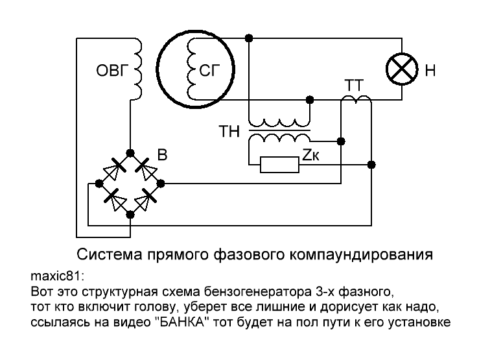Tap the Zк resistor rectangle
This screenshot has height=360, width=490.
(x=280, y=165)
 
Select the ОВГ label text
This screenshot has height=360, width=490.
(x=113, y=70)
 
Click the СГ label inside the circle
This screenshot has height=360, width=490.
(x=209, y=70)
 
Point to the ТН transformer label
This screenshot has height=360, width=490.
(x=229, y=131)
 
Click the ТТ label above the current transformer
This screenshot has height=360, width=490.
(x=354, y=86)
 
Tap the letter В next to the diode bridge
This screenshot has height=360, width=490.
(x=162, y=155)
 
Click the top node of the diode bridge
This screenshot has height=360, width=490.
(x=130, y=153)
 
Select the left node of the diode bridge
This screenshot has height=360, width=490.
(x=99, y=184)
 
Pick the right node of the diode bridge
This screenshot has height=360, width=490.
(x=160, y=184)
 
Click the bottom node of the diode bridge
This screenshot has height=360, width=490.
(x=130, y=215)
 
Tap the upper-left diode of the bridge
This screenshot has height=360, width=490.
(x=113, y=169)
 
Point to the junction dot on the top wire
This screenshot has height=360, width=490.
(x=249, y=38)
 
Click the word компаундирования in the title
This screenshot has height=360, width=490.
(x=361, y=255)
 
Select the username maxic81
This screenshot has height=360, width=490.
(x=56, y=276)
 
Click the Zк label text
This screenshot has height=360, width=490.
(x=310, y=154)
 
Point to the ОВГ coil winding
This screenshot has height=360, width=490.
(x=137, y=69)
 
